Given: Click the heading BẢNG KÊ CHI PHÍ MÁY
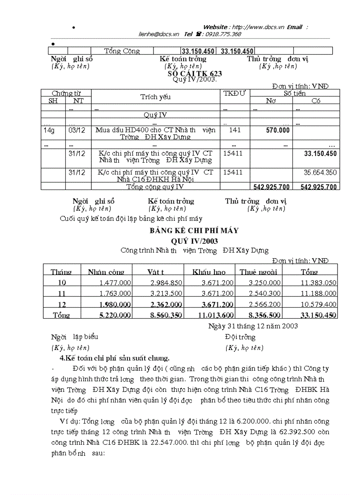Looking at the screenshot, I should (x=195, y=230).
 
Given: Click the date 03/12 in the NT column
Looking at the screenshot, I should (x=77, y=130).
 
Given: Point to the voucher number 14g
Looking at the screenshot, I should (x=49, y=130).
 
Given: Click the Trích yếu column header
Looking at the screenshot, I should (x=155, y=97).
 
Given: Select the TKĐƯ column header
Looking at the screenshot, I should (x=234, y=93).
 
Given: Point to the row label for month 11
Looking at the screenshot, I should (x=61, y=293).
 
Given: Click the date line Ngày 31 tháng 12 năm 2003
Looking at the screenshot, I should (x=253, y=326).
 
